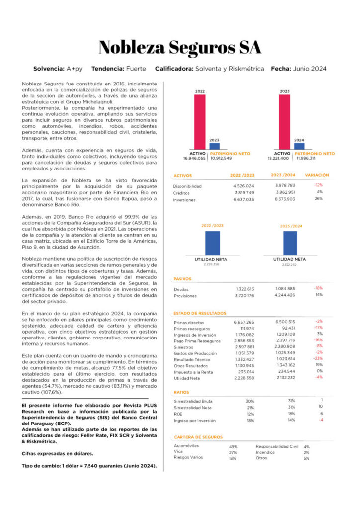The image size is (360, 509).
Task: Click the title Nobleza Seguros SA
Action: click(180, 47)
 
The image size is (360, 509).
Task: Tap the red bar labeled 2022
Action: click(200, 121)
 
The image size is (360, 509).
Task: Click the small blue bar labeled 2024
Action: click(299, 146)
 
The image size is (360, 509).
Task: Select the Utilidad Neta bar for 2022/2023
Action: click(213, 243)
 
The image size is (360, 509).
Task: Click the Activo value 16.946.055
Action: click(194, 158)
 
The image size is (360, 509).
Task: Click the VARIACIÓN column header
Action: click(317, 175)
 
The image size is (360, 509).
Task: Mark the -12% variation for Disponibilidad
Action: click(318, 185)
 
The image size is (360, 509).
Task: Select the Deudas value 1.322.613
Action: click(244, 289)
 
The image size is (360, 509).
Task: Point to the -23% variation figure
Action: click(318, 358)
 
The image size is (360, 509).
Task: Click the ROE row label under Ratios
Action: click(178, 414)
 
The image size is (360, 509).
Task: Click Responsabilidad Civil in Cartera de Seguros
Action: click(277, 446)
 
